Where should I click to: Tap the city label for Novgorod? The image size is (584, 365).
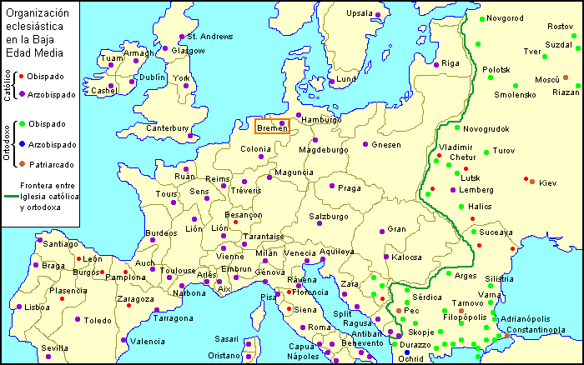point(505,17)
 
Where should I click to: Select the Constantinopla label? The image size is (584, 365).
point(536,329)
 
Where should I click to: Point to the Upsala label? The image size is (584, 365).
point(359,13)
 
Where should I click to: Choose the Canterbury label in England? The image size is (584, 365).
point(167,128)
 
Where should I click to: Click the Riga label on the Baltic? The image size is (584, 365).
point(451,63)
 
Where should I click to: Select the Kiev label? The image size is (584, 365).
point(547,182)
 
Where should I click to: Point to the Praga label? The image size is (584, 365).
point(350,188)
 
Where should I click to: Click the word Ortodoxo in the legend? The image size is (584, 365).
point(8,143)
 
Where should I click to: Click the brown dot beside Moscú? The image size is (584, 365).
point(566,77)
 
